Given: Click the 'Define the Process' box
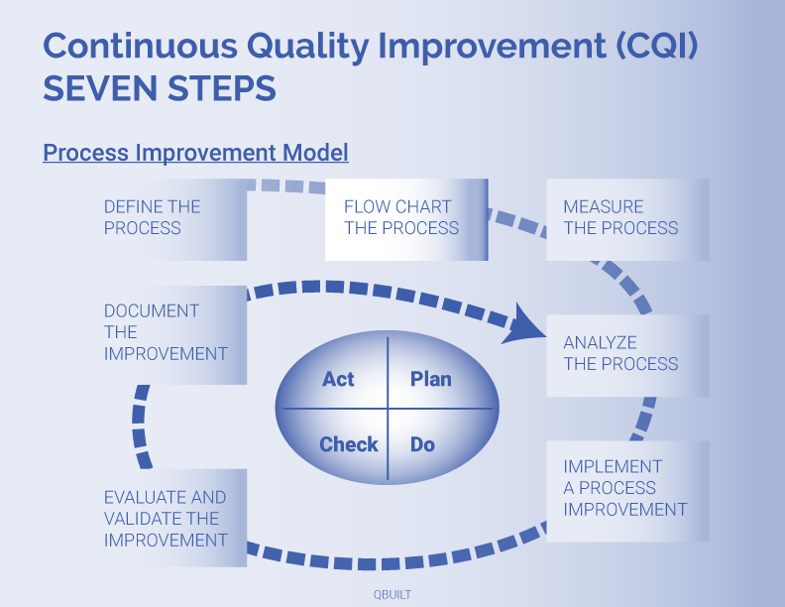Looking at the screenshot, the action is tap(168, 218).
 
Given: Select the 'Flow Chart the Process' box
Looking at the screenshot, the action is tap(405, 218).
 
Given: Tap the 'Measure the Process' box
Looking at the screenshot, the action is tap(626, 218).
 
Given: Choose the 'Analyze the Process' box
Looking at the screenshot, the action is tap(626, 354).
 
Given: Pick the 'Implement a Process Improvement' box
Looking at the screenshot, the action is tap(626, 489).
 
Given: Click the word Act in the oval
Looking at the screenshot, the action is tap(338, 379).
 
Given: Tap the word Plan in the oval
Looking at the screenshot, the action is tap(430, 379).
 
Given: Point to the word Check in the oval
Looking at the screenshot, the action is tap(348, 444).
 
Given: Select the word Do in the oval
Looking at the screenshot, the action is tap(422, 444).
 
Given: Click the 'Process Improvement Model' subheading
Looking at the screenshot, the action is tap(195, 154).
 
